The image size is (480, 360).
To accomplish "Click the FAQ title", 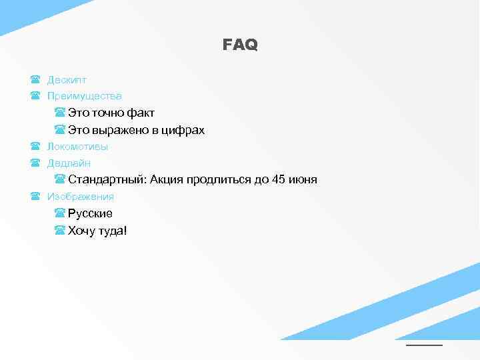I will click(x=240, y=45).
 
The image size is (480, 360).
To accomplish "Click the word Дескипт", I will click(x=67, y=79).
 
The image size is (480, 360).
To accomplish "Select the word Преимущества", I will click(x=84, y=96).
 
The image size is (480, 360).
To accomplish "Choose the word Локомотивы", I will click(x=77, y=147).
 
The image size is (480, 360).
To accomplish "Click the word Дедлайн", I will click(x=69, y=163).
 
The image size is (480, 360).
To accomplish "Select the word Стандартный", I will click(x=107, y=180).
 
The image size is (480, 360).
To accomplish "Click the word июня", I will click(x=303, y=180).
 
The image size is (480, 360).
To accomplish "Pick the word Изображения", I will click(x=81, y=197).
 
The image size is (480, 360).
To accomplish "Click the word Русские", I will click(x=90, y=214).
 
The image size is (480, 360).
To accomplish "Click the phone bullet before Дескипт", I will click(x=35, y=79).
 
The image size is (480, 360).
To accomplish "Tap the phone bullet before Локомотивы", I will click(x=35, y=147).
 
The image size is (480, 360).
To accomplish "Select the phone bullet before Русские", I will click(x=60, y=214).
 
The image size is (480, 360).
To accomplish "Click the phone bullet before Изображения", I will click(x=35, y=197).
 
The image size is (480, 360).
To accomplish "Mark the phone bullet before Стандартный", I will click(x=60, y=180).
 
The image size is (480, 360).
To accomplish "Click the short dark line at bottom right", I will click(x=424, y=345).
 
